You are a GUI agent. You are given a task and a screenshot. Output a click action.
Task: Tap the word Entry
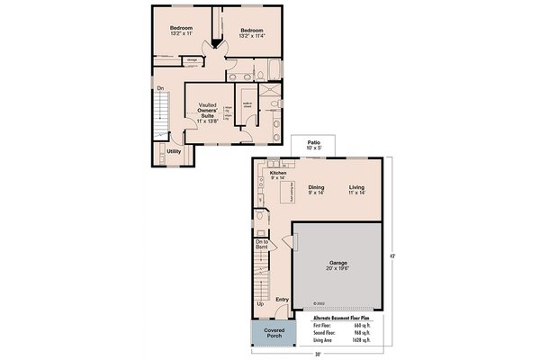tap(282, 300)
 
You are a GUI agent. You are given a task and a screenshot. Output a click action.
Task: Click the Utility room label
tap(174, 151)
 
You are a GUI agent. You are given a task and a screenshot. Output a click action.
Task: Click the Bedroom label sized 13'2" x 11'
tap(183, 31)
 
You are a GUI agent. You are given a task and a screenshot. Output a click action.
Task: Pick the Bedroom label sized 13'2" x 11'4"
tap(251, 33)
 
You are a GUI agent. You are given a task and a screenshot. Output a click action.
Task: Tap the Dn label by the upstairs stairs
tap(159, 88)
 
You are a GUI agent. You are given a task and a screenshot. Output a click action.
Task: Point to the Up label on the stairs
tap(261, 304)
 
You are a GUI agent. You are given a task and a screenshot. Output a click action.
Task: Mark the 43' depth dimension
tap(392, 255)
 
